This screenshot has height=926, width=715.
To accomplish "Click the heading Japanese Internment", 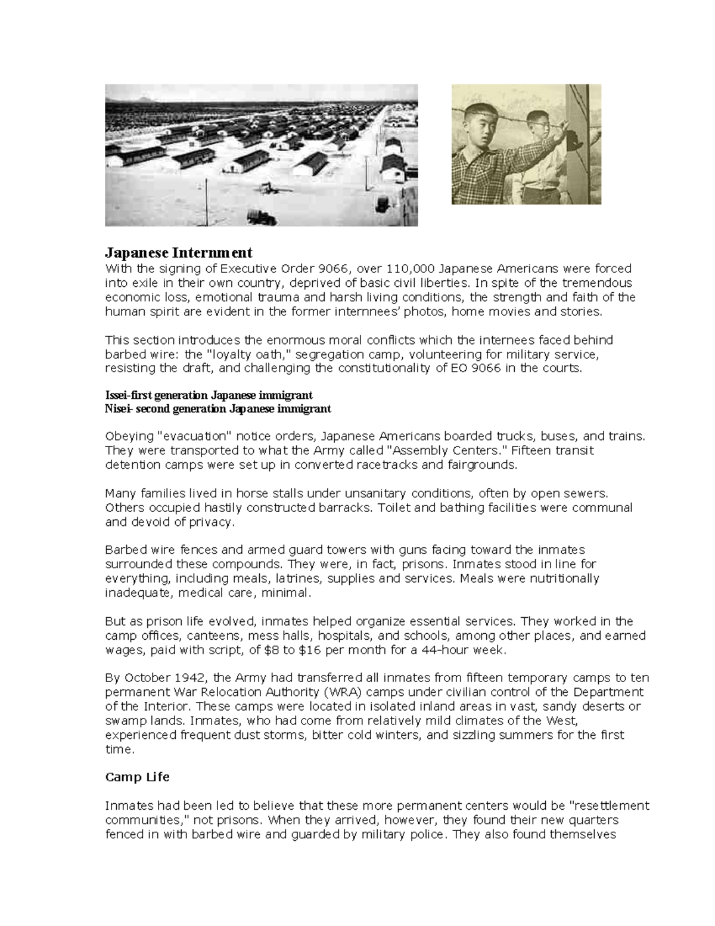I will pyautogui.click(x=179, y=252).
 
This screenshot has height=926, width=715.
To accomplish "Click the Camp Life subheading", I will pyautogui.click(x=137, y=777).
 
